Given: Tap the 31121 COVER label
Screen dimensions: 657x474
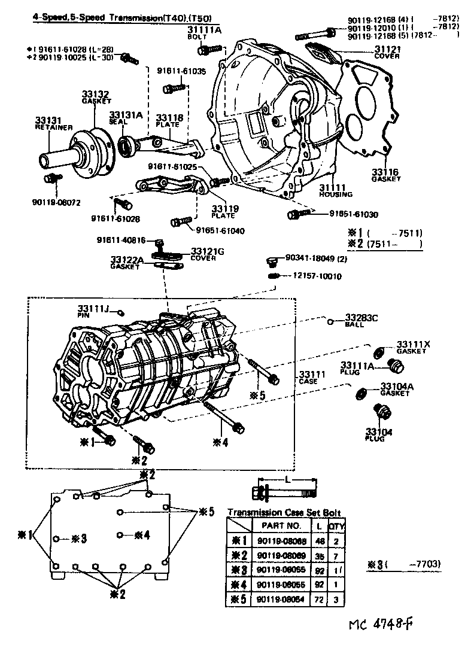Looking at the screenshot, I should pyautogui.click(x=387, y=52).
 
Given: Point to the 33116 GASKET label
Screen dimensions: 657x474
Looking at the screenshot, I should pyautogui.click(x=385, y=175).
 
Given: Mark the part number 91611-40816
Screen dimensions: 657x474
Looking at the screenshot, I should pyautogui.click(x=121, y=241).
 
